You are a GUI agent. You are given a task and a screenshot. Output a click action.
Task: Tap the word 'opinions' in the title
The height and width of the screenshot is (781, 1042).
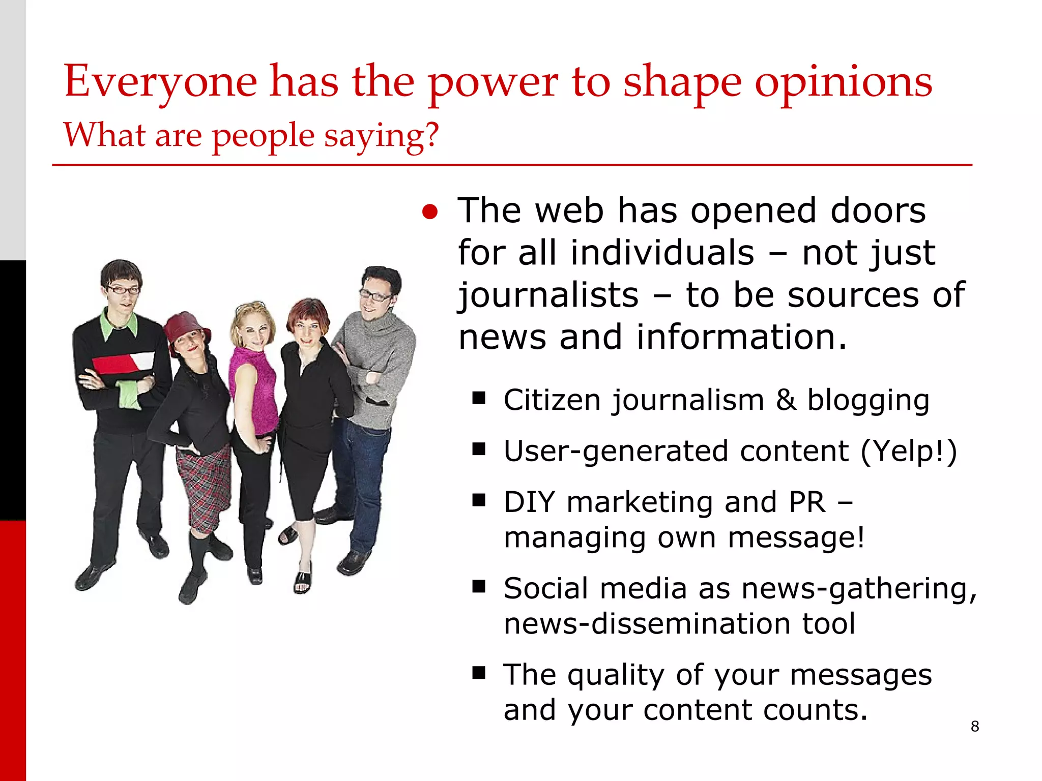(843, 82)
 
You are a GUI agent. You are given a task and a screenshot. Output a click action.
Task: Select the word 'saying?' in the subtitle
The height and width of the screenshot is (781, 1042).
(381, 136)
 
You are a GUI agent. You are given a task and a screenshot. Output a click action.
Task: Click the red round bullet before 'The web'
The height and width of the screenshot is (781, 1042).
(430, 212)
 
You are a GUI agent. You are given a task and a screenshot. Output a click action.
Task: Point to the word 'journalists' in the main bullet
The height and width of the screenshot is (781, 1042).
(548, 295)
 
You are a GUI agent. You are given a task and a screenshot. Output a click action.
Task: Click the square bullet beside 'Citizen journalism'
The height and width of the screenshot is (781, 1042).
(478, 398)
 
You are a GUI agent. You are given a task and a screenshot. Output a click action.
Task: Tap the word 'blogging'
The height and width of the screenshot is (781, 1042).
(868, 401)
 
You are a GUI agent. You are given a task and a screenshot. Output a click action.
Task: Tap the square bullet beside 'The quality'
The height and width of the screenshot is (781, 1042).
(478, 673)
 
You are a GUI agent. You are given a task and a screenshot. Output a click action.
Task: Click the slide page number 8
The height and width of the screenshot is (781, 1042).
(975, 726)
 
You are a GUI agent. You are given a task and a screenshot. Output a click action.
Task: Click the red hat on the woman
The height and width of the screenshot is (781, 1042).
(185, 328)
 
